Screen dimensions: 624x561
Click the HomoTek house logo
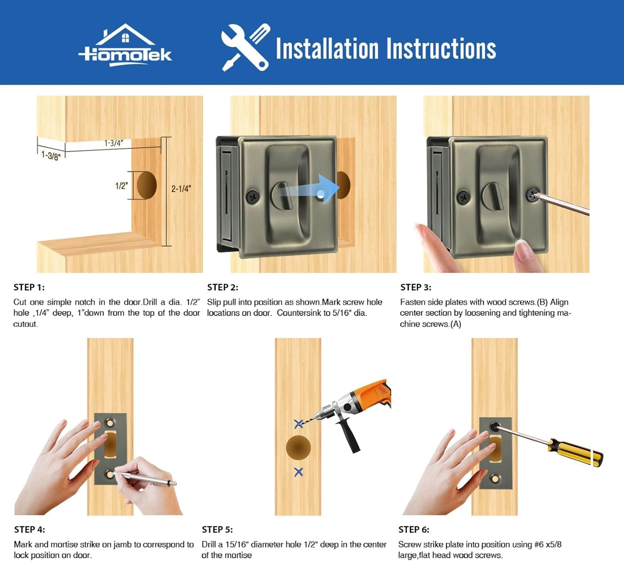pos(125,45)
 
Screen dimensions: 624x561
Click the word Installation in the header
pos(327,48)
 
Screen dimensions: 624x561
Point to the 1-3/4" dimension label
pos(114,143)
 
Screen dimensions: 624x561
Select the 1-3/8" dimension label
pos(51,155)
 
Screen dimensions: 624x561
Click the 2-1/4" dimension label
pos(181,189)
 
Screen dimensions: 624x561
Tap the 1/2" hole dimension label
pos(121,186)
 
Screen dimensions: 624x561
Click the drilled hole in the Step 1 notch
pos(146,185)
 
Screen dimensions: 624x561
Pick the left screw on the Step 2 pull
pos(253,197)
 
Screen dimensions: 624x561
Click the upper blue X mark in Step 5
pos(299,424)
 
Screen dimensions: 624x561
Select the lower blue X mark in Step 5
pos(299,472)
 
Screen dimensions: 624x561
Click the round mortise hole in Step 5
pos(298,447)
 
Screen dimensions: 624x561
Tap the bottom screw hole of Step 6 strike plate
pos(495,479)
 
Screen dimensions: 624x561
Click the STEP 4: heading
pos(29,529)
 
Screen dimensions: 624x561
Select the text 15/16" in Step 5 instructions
pos(236,544)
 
